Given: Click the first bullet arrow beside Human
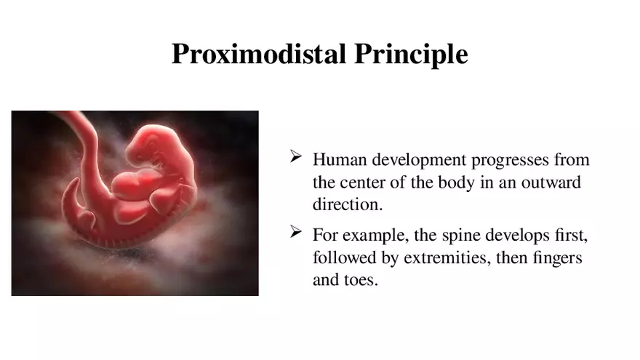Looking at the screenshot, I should [x=296, y=156].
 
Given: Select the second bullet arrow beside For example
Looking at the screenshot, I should [x=296, y=232].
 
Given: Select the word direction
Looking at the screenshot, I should [x=347, y=205].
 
